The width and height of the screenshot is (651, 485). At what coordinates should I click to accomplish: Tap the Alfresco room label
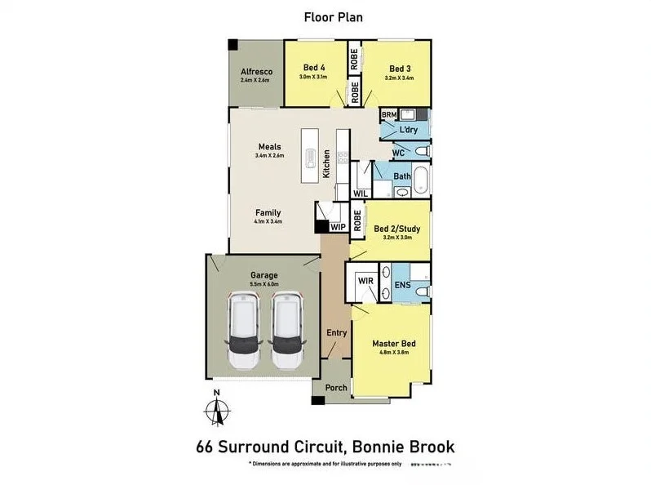point(255,73)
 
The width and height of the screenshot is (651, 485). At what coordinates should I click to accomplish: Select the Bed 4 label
point(314,68)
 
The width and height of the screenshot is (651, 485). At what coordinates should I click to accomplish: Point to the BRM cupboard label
point(388,116)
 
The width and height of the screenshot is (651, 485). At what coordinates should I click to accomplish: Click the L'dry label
point(408,131)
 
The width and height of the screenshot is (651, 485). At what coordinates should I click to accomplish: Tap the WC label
point(398,153)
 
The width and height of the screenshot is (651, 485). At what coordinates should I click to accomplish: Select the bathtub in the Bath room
point(420,180)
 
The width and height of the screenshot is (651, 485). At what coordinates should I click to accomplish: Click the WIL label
point(360,194)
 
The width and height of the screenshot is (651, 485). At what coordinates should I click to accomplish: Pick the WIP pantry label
point(339,228)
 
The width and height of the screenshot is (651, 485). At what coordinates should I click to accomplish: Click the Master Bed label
point(394,344)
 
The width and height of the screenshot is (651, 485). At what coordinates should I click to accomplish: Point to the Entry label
point(336,332)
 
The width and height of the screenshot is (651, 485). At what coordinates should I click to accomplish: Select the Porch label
point(336,387)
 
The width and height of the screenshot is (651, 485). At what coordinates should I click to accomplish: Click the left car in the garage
point(245,331)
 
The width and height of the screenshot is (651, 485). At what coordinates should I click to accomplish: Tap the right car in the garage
point(287,331)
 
